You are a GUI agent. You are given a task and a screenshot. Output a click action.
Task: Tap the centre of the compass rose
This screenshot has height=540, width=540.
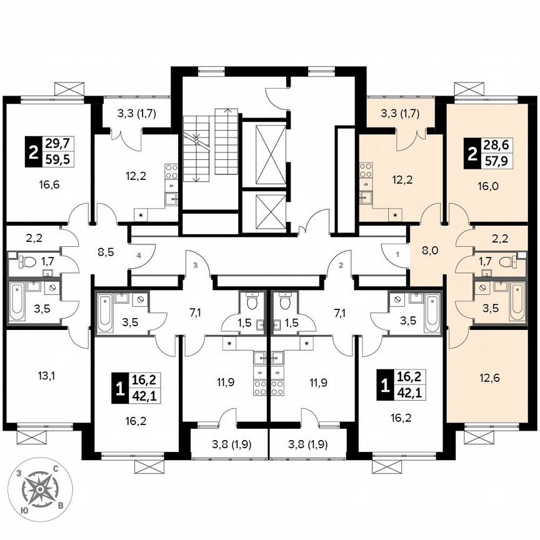click(40, 489)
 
